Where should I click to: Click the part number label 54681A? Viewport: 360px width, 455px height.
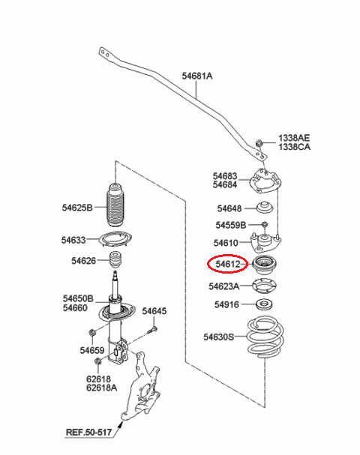(x=197, y=76)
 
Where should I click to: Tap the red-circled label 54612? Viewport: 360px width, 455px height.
(x=228, y=264)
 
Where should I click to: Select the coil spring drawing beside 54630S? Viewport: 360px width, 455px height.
(x=265, y=337)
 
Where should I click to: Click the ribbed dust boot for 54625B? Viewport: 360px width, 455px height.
(x=115, y=205)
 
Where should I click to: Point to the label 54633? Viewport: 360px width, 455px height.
(x=73, y=240)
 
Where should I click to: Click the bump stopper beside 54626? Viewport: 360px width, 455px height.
(x=115, y=260)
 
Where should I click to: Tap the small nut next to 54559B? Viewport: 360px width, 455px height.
(x=264, y=224)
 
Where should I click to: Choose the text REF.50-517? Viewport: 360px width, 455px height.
(x=88, y=433)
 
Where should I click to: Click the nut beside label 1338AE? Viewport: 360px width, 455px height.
(x=259, y=143)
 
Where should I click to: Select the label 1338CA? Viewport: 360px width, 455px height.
(x=295, y=147)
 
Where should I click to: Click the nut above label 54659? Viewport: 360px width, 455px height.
(x=91, y=333)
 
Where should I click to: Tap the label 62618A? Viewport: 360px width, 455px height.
(x=101, y=388)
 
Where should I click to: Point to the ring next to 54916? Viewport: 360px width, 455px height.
(x=264, y=304)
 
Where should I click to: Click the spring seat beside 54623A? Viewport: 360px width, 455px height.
(x=264, y=286)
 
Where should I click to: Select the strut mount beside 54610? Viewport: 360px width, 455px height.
(x=265, y=241)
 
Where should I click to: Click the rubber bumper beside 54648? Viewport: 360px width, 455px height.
(x=265, y=207)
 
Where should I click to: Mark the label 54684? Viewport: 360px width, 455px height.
(x=225, y=184)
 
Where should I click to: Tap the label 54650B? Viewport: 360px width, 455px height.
(x=79, y=298)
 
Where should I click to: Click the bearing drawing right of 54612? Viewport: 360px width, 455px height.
(x=264, y=264)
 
